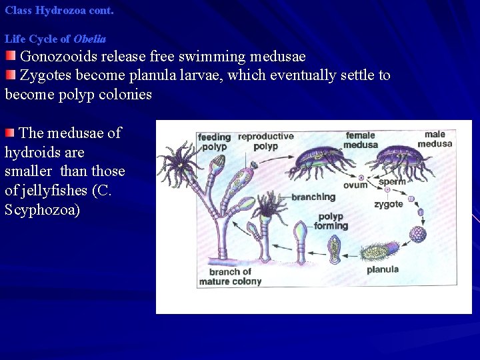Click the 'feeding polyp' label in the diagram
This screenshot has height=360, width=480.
214,142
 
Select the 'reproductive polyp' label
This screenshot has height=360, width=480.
265,141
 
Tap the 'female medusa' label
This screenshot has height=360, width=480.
360,141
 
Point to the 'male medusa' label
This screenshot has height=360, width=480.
435,139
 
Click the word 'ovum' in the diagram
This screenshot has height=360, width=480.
355,185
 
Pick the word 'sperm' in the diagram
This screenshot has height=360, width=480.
392,181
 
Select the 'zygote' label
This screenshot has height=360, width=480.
388,204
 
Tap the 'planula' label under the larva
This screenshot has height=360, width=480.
383,269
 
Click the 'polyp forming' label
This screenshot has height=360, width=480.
331,221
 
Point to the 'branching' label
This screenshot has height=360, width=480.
313,197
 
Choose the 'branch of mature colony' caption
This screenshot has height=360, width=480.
230,277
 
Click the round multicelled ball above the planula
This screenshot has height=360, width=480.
417,234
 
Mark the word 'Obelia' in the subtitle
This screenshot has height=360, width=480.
90,39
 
